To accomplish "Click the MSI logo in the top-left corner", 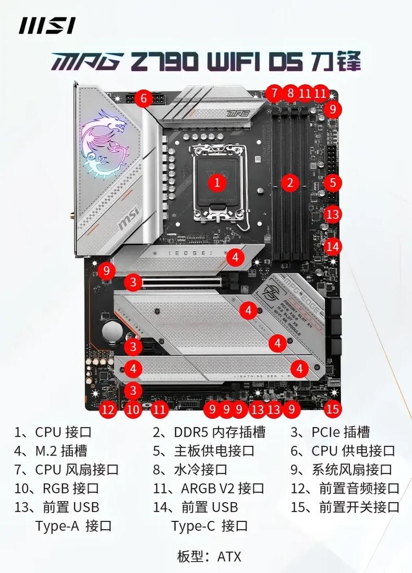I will click(47, 25).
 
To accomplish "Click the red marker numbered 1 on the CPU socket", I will click(218, 182).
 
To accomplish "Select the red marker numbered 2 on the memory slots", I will click(291, 182).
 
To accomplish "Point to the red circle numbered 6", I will click(143, 99).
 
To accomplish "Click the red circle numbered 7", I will click(274, 93).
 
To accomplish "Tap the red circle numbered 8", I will click(291, 93).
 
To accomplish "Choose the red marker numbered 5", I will click(332, 182).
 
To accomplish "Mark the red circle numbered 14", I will click(332, 246).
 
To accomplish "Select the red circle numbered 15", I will click(332, 408).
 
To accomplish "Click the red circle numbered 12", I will click(109, 408).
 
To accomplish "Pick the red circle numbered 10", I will click(132, 408).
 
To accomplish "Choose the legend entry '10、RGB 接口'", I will click(57, 488).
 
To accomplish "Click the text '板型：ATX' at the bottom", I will click(209, 556).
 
